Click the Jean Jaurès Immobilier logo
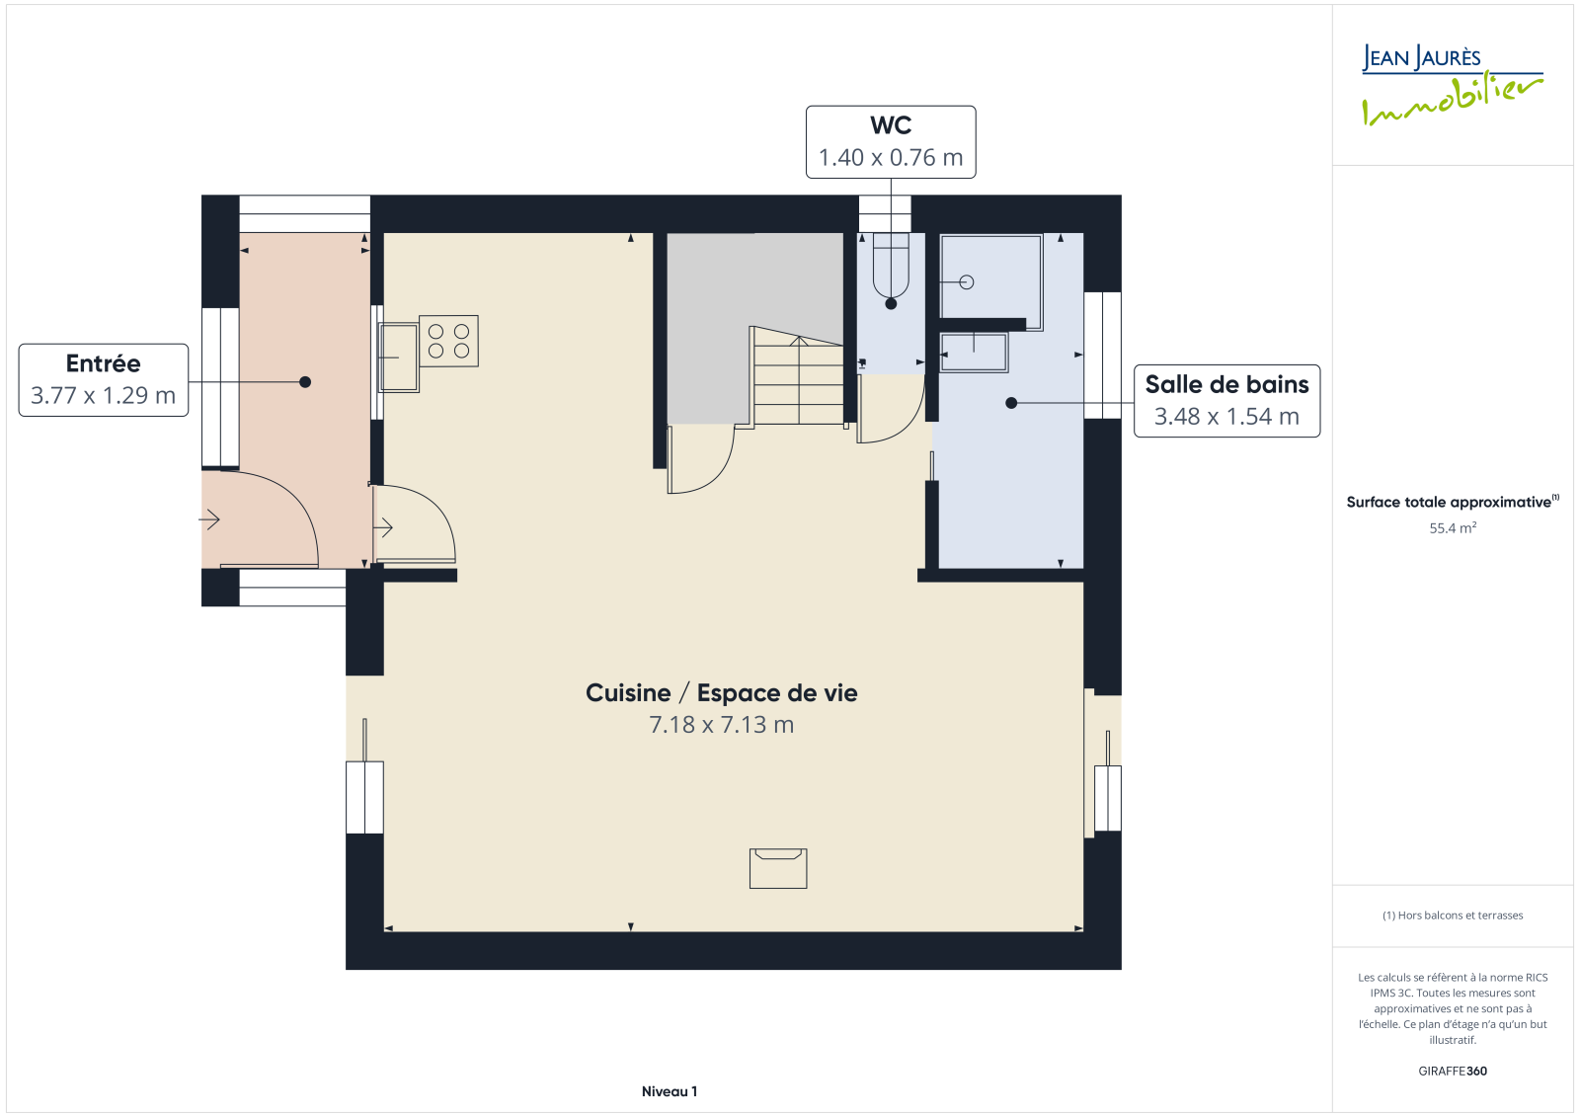point(1452,85)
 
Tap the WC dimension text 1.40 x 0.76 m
point(891,157)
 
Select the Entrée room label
point(103,363)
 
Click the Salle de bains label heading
point(1226,384)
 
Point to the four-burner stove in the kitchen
point(448,341)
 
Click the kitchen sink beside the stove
point(399,358)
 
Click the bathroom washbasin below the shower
point(974,353)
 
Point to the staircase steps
point(799,379)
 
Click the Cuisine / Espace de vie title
point(722,693)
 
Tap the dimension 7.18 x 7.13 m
point(722,725)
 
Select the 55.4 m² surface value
point(1453,527)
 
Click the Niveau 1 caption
point(670,1091)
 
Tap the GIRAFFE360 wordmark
point(1453,1072)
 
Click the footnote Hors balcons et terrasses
point(1453,916)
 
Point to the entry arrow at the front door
point(208,520)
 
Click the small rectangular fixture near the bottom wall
point(778,869)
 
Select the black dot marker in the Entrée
point(305,382)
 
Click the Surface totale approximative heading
point(1453,502)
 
